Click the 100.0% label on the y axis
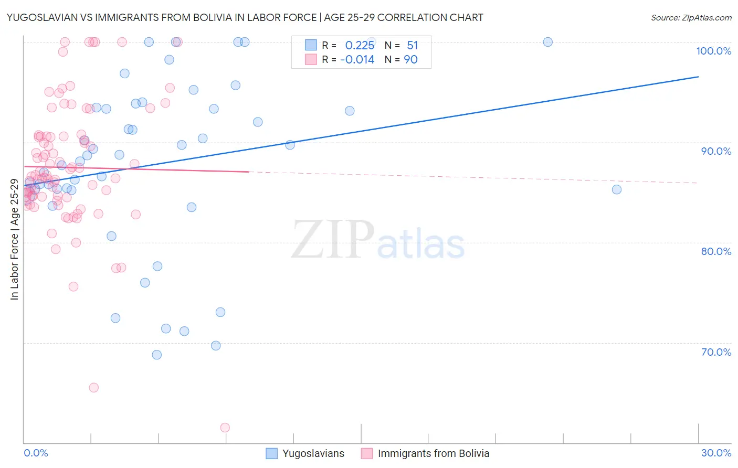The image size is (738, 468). click(713, 51)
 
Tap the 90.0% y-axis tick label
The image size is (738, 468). click(716, 151)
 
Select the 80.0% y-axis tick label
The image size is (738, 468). click(716, 251)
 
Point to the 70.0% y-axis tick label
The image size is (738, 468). click(716, 352)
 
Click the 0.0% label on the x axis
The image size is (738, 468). click(36, 453)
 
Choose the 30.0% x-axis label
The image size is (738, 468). click(716, 453)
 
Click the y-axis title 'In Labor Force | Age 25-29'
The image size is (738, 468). click(14, 240)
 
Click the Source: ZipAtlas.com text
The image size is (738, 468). click(691, 17)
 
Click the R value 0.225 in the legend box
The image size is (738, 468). click(360, 45)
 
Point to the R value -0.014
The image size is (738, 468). click(357, 59)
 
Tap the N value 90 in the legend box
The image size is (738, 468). click(410, 59)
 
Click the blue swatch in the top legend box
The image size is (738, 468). click(311, 45)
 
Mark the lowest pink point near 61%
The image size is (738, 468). click(225, 428)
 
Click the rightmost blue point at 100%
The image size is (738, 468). click(547, 42)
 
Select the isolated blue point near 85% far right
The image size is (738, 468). click(617, 189)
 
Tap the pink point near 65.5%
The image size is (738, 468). click(94, 388)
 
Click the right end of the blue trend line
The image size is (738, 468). click(698, 77)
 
